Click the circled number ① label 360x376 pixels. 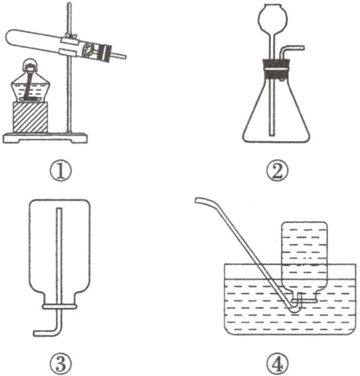point(60,170)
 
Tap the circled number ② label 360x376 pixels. point(278,170)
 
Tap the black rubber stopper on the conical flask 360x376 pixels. point(276,69)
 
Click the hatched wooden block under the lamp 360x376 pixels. point(30,117)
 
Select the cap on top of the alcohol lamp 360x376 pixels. point(31,64)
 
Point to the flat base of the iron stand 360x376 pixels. point(45,138)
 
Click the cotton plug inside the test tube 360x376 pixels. point(87,50)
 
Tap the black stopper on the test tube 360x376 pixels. point(106,53)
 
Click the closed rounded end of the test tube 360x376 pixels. point(10,38)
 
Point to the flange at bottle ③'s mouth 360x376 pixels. point(60,306)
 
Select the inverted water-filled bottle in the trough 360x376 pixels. point(304,261)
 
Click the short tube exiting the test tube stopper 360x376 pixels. point(119,56)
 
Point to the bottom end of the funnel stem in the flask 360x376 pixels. point(271,134)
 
